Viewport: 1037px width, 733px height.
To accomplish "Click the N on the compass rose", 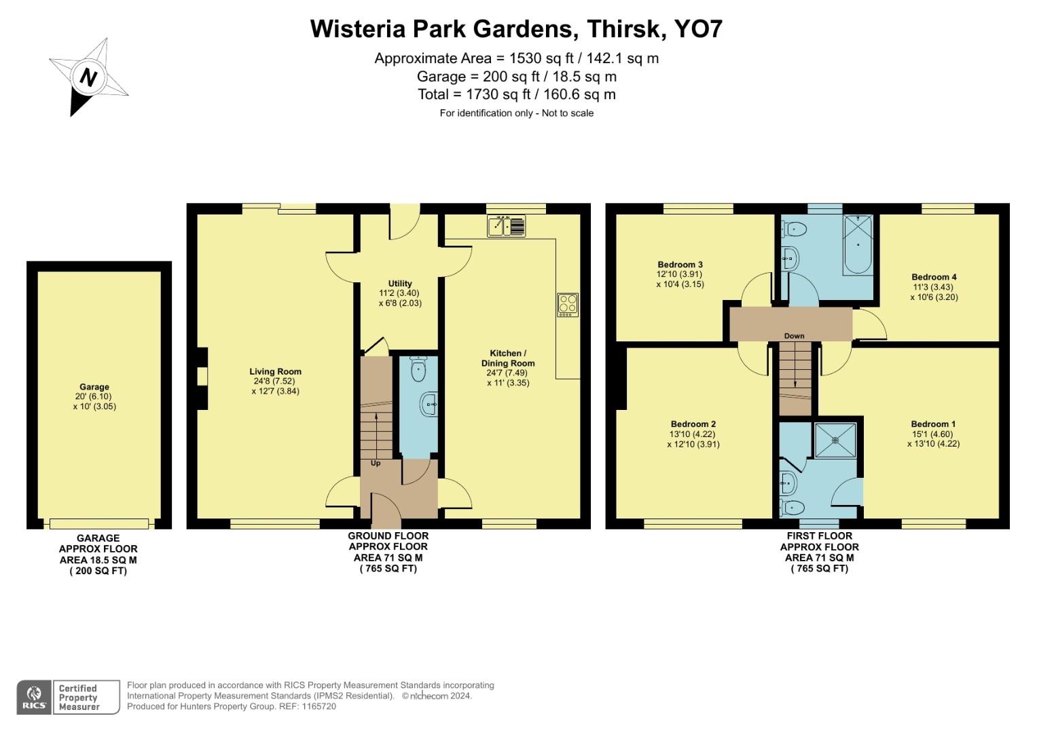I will click(88, 77).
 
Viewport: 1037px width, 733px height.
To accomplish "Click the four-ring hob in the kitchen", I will click(568, 305).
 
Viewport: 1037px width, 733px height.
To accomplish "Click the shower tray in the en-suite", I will click(835, 439).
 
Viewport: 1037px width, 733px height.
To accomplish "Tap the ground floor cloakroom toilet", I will click(418, 369).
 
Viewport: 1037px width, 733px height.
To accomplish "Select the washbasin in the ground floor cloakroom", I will click(430, 405).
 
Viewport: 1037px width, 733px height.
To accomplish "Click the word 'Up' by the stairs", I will click(376, 464).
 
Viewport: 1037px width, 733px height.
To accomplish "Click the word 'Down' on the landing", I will click(794, 336).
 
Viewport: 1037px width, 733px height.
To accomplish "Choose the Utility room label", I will click(400, 284).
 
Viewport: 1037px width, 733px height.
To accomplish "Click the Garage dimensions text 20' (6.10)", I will click(94, 397).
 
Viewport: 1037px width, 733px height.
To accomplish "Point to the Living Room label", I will click(275, 371).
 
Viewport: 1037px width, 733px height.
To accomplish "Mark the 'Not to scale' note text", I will click(567, 113).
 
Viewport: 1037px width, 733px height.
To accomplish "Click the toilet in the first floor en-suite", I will click(793, 507).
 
